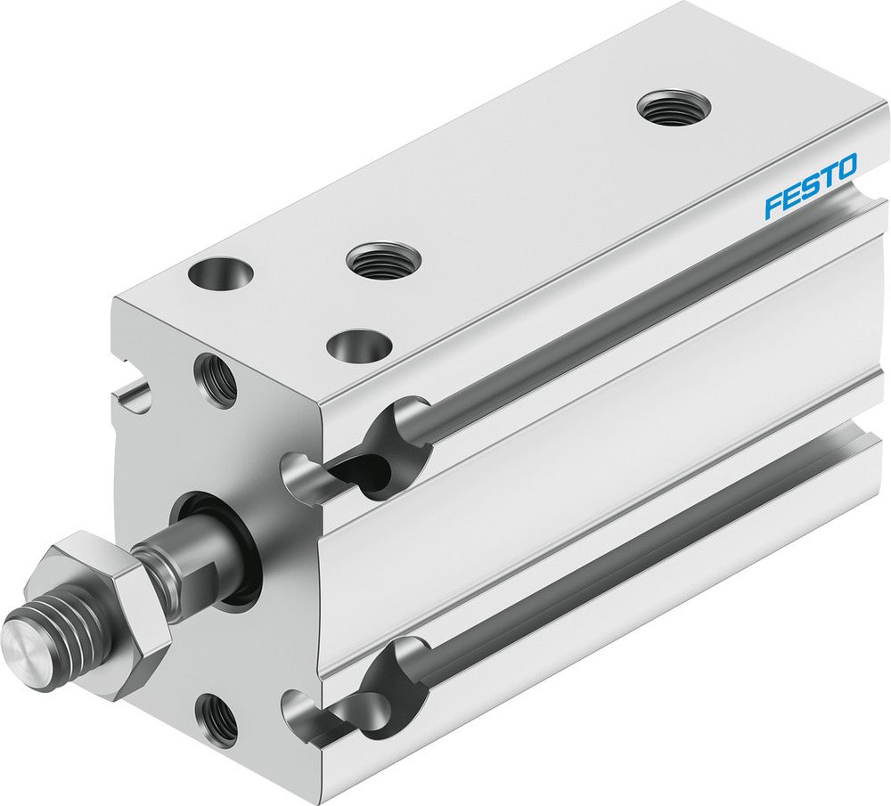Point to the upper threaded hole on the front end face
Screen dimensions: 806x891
[216, 380]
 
